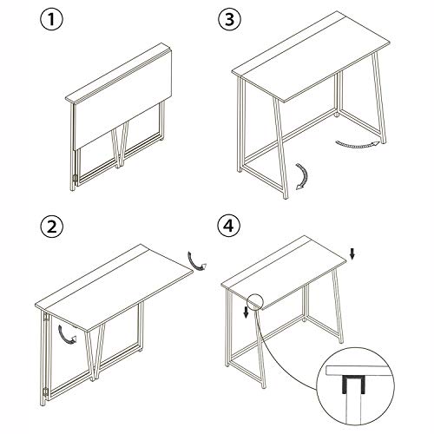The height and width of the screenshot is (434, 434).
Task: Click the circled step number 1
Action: click(51, 19)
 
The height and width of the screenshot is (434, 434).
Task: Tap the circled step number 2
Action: click(52, 227)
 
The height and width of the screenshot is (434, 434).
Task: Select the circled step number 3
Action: click(229, 19)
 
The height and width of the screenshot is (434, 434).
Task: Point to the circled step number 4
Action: click(229, 226)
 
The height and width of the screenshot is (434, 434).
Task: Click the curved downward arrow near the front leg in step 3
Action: click(304, 176)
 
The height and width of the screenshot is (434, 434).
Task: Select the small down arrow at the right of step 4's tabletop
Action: click(352, 253)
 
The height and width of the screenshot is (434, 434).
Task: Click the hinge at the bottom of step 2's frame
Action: click(45, 391)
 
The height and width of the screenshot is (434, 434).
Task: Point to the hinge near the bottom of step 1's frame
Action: click(75, 179)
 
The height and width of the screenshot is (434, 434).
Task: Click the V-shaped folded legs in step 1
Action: click(121, 145)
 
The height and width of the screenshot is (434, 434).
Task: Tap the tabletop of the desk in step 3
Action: click(311, 56)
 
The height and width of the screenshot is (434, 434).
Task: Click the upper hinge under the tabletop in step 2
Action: click(45, 318)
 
